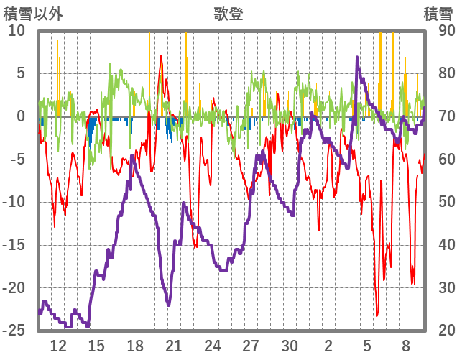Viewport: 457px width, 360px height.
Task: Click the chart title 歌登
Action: click(228, 14)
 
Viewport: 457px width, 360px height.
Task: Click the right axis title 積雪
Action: click(438, 14)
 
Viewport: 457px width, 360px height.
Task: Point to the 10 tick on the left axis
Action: click(17, 31)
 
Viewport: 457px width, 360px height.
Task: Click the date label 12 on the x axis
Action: click(58, 345)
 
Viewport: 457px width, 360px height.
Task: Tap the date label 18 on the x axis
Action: click(135, 345)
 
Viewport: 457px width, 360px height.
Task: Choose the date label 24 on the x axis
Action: click(212, 345)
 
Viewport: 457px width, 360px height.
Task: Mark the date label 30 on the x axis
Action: click(290, 345)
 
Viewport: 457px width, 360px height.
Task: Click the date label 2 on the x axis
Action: click(328, 345)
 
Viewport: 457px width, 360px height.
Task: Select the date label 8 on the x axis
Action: click(405, 345)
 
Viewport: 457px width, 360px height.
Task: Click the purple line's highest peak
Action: click(357, 57)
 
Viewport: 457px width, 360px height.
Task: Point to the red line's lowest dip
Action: click(377, 315)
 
